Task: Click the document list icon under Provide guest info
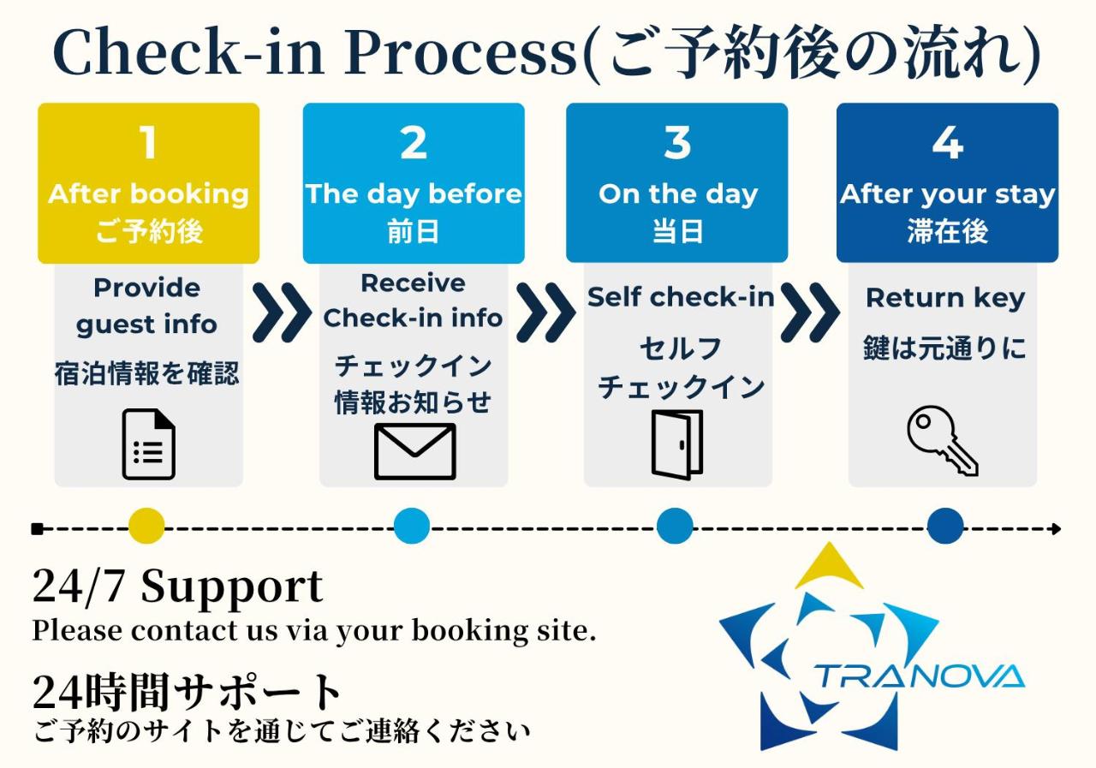tap(148, 444)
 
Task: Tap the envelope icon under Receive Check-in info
tap(414, 451)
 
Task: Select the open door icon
tap(676, 444)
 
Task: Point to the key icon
tap(942, 441)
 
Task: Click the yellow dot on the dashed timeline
tap(146, 527)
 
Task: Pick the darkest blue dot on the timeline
tap(945, 527)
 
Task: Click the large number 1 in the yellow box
tap(149, 142)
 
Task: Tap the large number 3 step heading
tap(676, 142)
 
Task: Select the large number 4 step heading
tap(947, 142)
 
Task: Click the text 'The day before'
tap(414, 193)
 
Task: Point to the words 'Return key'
tap(944, 298)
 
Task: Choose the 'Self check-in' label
tap(680, 297)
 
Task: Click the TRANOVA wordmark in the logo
tap(918, 676)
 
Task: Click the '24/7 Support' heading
tap(177, 587)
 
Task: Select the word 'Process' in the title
tap(463, 53)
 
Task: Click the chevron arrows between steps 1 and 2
tap(282, 313)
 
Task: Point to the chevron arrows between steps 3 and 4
tap(809, 313)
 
